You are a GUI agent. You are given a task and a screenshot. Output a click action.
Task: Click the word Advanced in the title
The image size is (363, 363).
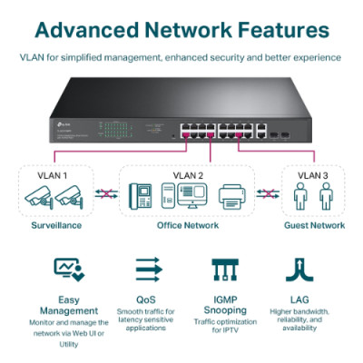pyautogui.click(x=92, y=30)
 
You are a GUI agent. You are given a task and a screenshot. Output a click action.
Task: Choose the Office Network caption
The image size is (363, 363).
pyautogui.click(x=188, y=224)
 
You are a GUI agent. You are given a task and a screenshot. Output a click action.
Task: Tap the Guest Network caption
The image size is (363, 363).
pyautogui.click(x=314, y=224)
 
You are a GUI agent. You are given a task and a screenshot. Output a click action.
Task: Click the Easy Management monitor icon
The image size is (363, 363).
pyautogui.click(x=68, y=270)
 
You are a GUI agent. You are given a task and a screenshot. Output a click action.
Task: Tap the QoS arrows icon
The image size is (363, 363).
pyautogui.click(x=147, y=270)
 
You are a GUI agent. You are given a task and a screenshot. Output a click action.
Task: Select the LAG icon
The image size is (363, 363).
pyautogui.click(x=296, y=270)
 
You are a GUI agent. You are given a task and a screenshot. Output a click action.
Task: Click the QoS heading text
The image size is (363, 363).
pyautogui.click(x=147, y=296)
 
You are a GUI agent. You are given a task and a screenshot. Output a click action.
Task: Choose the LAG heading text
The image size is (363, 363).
pyautogui.click(x=296, y=296)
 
